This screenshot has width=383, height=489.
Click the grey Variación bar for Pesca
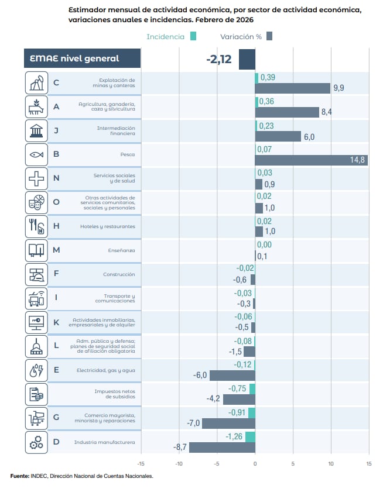coord(311,160)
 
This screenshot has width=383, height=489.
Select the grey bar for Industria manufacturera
coord(222,447)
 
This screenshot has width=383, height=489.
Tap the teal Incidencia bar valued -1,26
coord(250,437)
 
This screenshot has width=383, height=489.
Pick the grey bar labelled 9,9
coord(293,88)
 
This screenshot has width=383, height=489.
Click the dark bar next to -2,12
coord(247,59)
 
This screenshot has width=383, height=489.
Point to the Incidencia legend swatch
coord(193,36)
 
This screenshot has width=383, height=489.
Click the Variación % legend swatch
coord(269,36)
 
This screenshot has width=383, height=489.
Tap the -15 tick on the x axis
coord(141,464)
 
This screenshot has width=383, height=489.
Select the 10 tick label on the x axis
coord(331,464)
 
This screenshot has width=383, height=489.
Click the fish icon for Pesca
coord(36,154)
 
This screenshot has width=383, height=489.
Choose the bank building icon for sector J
coord(36,130)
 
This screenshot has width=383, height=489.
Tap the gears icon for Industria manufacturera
coord(36,442)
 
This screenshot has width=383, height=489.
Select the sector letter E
coord(56,370)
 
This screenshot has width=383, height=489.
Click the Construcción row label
coord(119,274)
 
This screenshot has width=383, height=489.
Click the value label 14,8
coord(358,160)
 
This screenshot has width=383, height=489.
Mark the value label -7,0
coord(193,423)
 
